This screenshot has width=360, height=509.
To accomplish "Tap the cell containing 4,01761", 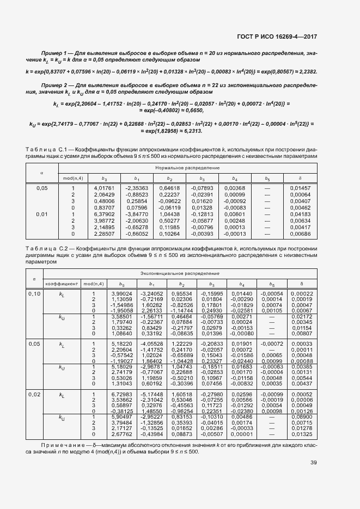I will pos(105,188).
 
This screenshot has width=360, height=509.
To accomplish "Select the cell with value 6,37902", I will pos(105,214).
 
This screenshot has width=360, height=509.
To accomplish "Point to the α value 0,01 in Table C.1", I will pos(42,214).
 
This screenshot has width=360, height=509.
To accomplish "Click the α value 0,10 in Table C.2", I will pos(35,294).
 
